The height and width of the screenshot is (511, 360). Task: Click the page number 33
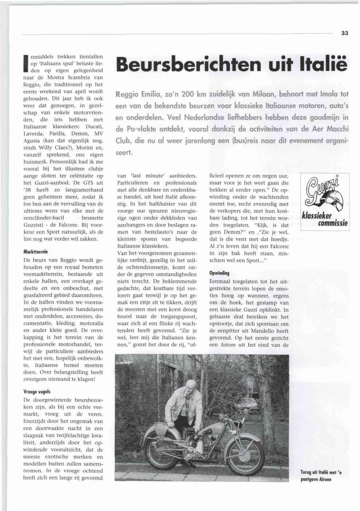tap(345, 33)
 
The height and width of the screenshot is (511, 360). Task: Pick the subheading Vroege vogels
tap(37, 392)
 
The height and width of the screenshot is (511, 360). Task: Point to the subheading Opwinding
tap(219, 273)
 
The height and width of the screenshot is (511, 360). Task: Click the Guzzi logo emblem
tap(325, 195)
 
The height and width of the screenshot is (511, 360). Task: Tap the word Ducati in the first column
tap(94, 127)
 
